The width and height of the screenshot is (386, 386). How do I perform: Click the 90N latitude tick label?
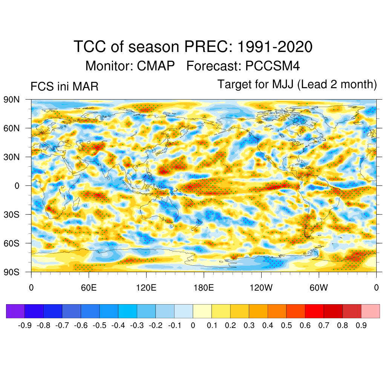(11, 100)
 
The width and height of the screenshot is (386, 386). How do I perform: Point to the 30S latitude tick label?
(11, 214)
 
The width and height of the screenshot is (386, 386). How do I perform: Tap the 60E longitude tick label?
(89, 288)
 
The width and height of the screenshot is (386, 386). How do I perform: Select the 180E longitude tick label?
(204, 288)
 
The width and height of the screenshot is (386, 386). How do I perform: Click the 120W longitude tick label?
(261, 288)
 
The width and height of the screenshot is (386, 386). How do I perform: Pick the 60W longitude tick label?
(319, 288)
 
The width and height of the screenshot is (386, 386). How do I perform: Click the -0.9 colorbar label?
(25, 325)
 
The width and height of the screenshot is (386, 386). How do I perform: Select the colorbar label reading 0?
(193, 325)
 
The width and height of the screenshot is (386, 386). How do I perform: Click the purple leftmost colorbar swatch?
(15, 311)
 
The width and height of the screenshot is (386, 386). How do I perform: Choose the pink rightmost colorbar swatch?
(370, 311)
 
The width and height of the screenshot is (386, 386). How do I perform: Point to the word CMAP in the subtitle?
(156, 66)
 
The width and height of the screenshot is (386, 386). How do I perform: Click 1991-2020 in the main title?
(275, 47)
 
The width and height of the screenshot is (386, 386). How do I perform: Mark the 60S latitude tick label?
(11, 243)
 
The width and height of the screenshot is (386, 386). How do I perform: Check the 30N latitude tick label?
(11, 157)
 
